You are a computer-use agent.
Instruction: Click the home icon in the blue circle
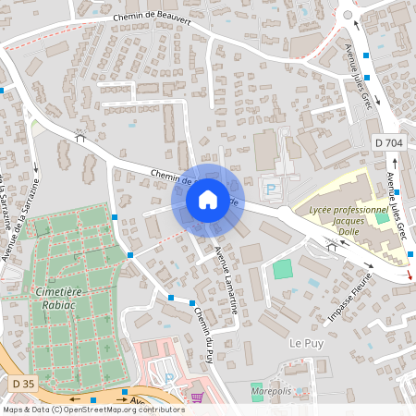[x=208, y=199]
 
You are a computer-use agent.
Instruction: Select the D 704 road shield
[x=390, y=141]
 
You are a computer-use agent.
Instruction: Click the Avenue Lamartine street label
[x=226, y=281]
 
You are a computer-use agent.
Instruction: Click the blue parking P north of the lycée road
[x=272, y=190]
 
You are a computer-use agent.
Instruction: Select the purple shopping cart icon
[x=196, y=398]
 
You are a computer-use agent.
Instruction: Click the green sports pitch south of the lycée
[x=282, y=270]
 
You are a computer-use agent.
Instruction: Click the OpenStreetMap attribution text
[x=92, y=410]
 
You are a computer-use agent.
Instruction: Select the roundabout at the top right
[x=347, y=13]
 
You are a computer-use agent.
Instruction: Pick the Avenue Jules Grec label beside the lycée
[x=398, y=204]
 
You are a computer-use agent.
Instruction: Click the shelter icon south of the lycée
[x=331, y=245]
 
